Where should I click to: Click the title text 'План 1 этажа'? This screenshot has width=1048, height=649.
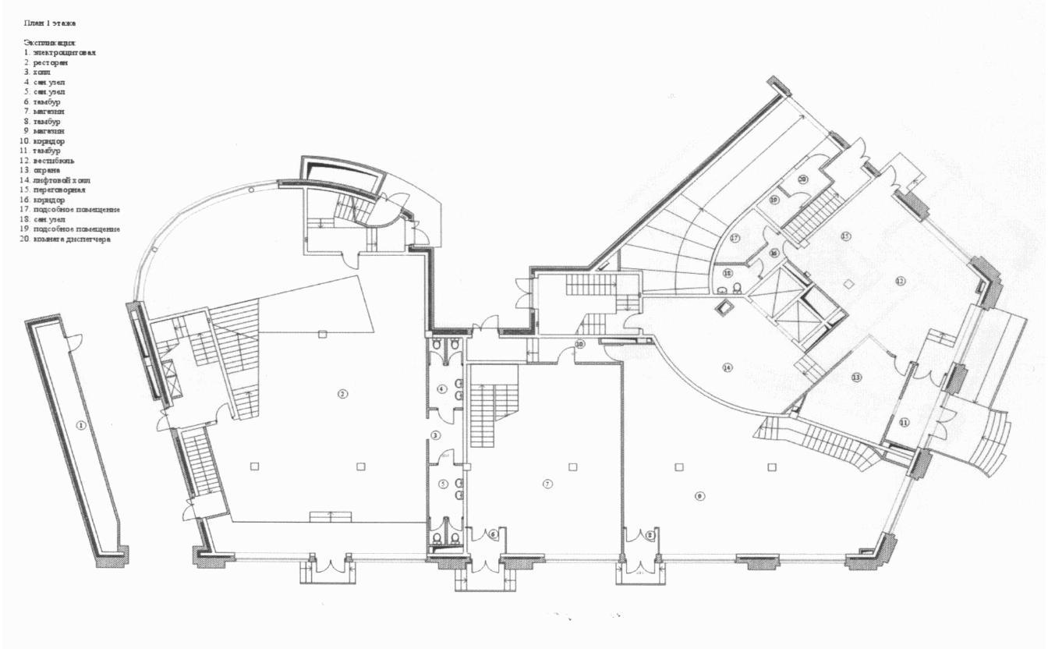pos(50,26)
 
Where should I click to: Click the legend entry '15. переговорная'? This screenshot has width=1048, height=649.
pos(58,190)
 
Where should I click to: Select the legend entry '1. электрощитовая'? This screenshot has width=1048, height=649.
pos(60,52)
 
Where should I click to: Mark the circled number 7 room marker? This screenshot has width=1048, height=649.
pos(547,484)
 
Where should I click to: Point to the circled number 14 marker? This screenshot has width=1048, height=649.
pos(728,367)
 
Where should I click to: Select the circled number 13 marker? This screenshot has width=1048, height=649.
pos(856,378)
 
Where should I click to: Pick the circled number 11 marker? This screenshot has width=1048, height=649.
pos(904,422)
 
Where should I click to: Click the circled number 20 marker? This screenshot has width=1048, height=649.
pos(802,179)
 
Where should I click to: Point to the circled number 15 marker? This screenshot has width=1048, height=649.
pos(844,235)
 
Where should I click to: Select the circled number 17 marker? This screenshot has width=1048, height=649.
pos(735,239)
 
